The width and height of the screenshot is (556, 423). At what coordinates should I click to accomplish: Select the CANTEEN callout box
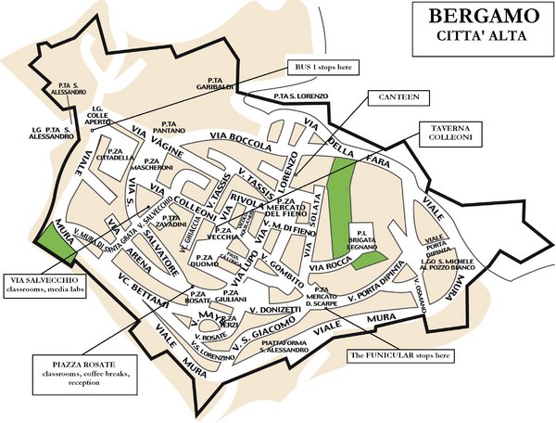[x=394, y=96]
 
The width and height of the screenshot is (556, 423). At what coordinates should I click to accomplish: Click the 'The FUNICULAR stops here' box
[x=412, y=355]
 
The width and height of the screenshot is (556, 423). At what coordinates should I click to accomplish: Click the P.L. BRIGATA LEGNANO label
[x=362, y=237]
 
